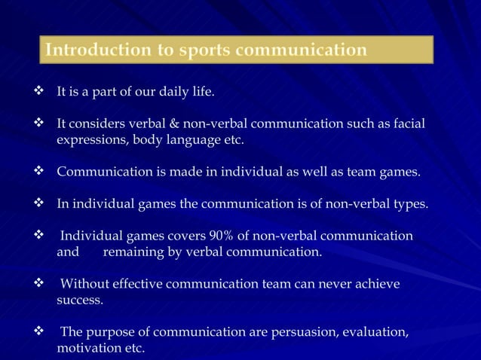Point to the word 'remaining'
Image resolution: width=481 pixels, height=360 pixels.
pyautogui.click(x=133, y=252)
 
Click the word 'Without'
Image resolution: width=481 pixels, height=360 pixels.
pyautogui.click(x=85, y=284)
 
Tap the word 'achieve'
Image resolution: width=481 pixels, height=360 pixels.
pyautogui.click(x=375, y=284)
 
